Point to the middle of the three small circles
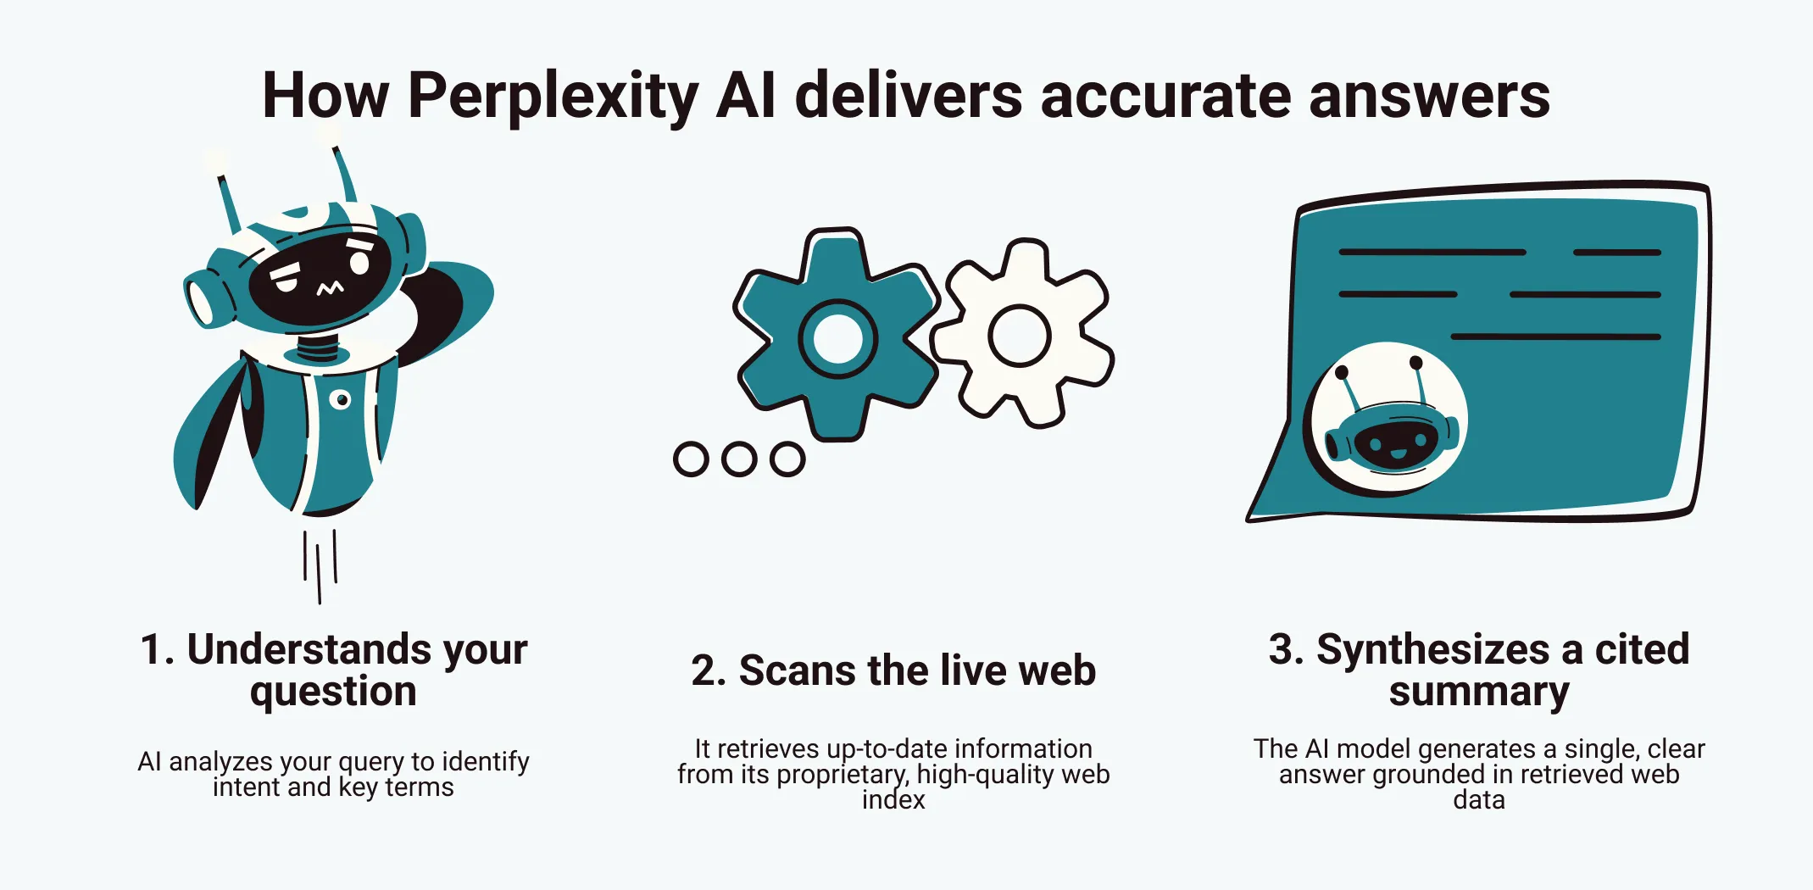click(x=739, y=459)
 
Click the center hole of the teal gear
click(x=837, y=339)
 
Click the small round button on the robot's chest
click(x=340, y=399)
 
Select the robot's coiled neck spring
click(x=318, y=348)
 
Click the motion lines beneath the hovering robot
click(x=320, y=564)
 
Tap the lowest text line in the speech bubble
click(x=1555, y=337)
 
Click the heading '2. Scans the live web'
click(x=893, y=670)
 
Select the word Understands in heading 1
click(x=309, y=650)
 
